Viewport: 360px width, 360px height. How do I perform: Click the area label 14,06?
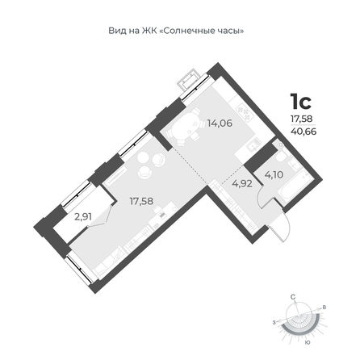pos(220,123)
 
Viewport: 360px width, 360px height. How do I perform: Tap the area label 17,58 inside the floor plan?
pos(141,201)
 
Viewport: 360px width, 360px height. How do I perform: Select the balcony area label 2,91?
pos(83,217)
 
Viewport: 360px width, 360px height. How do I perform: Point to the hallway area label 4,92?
pos(242,184)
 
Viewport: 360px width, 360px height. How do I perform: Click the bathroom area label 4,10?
pos(274,175)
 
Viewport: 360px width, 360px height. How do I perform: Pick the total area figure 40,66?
pos(303,132)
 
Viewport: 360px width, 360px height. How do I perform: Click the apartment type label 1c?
pos(300,102)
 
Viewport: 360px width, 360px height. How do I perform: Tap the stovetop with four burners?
pos(245,113)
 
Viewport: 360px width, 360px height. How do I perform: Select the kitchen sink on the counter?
pos(253,144)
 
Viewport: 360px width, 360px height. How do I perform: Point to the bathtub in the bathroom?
pos(293,186)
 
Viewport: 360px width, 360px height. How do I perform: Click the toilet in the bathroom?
pos(281,157)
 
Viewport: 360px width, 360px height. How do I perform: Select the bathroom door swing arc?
pos(261,196)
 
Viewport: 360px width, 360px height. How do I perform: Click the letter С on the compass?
pos(293,297)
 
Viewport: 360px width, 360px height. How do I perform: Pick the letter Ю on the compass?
pos(308,342)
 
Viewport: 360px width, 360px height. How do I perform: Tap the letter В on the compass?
pos(324,308)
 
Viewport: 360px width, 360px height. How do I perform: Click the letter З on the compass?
pos(274,322)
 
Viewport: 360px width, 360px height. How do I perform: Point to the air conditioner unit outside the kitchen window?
pos(190,80)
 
